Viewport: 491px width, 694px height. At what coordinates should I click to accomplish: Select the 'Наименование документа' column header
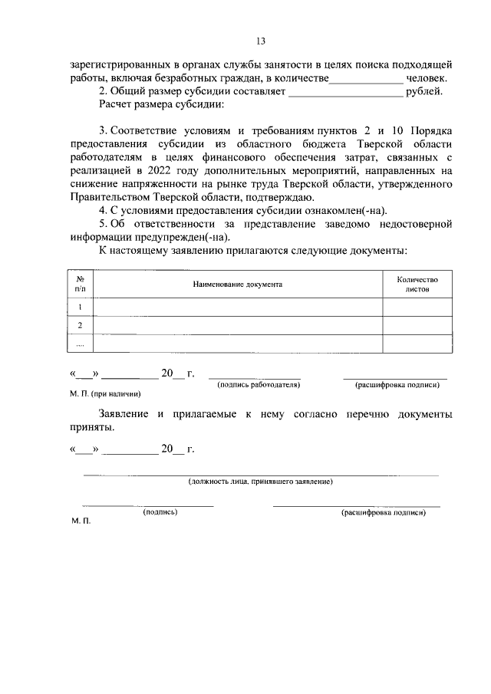[237, 285]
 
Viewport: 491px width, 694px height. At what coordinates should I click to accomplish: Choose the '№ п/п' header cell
[80, 285]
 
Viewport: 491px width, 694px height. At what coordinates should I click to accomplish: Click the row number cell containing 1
[80, 307]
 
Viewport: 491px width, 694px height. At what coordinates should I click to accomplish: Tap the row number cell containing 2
[80, 325]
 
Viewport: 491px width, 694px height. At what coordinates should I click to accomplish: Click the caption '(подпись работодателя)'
[259, 383]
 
